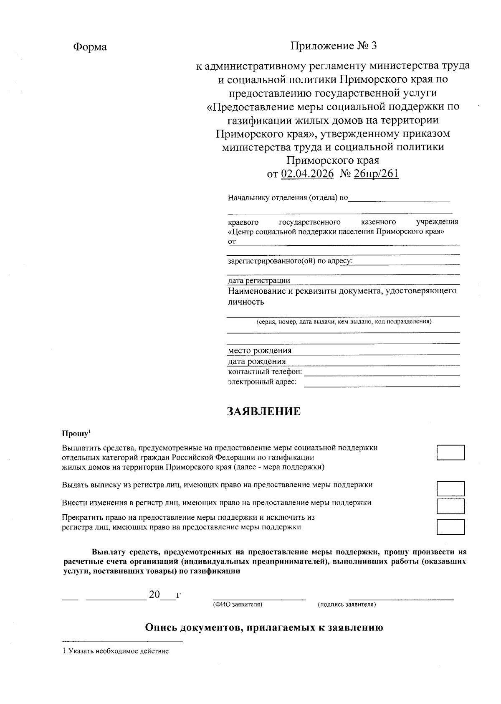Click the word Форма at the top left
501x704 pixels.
[x=90, y=47]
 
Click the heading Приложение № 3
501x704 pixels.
[x=334, y=46]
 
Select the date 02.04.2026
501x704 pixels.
[x=307, y=174]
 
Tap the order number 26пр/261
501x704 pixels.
[x=376, y=174]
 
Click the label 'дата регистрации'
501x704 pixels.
[x=259, y=280]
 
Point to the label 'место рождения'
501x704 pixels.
[x=260, y=351]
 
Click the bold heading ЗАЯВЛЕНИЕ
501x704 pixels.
[x=263, y=412]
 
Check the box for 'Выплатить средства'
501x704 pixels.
[x=450, y=452]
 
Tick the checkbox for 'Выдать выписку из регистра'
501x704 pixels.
[x=450, y=488]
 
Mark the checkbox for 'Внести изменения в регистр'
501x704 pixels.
[x=450, y=506]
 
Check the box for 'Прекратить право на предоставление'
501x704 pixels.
[x=450, y=527]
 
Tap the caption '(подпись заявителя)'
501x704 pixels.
[x=347, y=605]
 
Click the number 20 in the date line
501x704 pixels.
[x=154, y=595]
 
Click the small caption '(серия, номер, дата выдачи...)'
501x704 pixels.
[x=344, y=322]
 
